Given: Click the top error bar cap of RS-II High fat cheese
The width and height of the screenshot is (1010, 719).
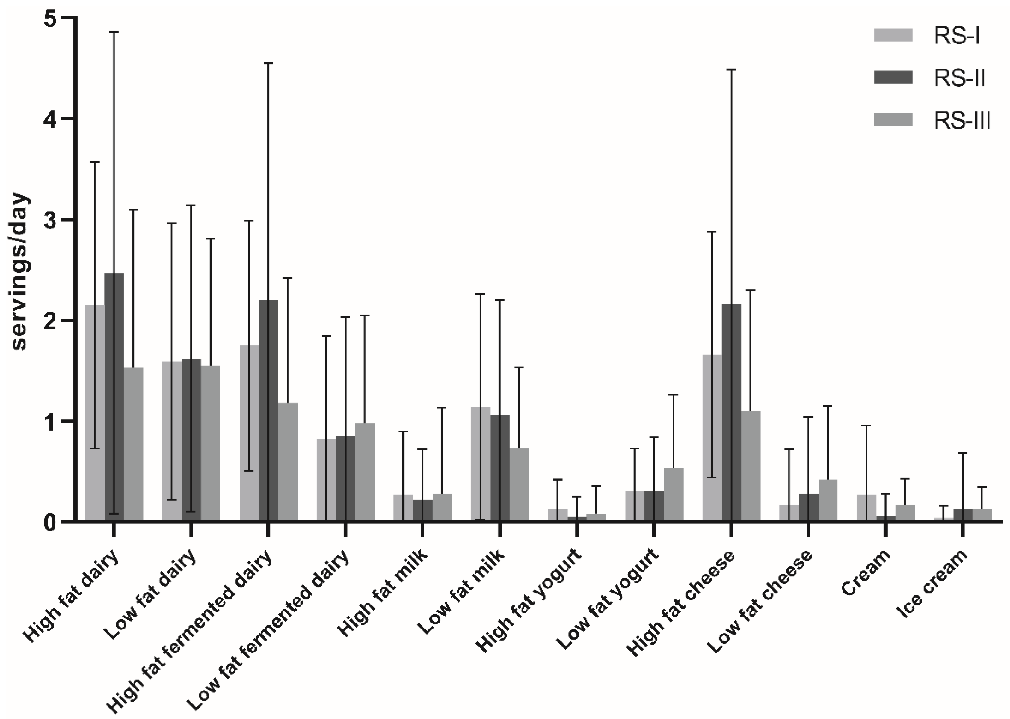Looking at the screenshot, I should (x=731, y=70).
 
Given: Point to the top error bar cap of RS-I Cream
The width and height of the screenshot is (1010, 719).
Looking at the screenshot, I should (x=866, y=425).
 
